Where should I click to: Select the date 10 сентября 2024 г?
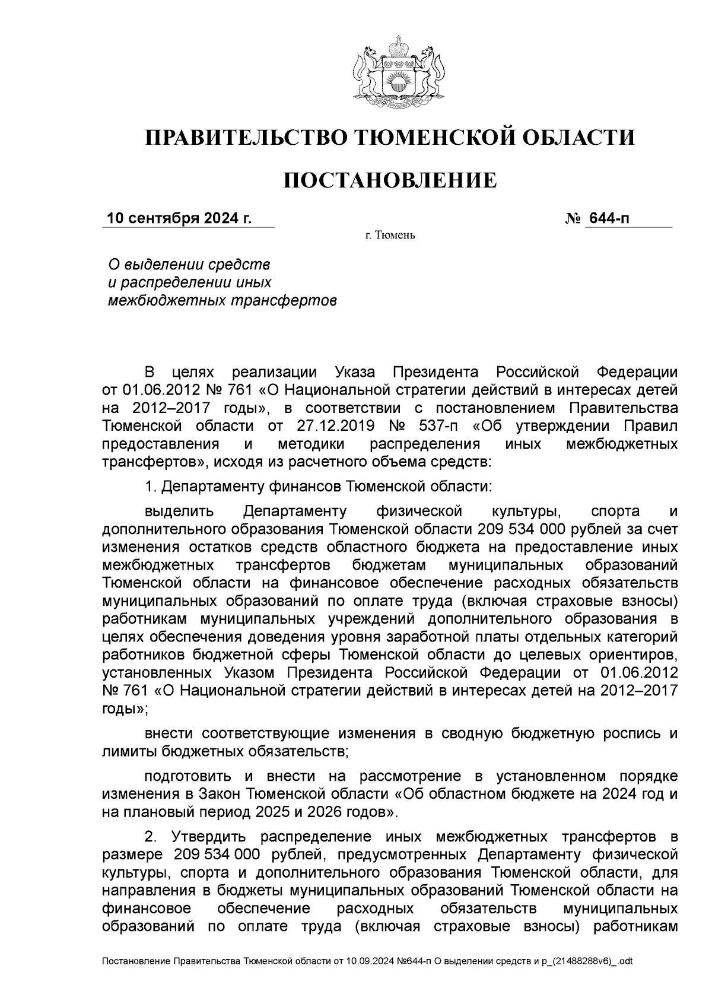179,218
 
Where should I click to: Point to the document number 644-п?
608,218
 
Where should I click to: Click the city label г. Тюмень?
390,236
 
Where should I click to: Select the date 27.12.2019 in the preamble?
332,426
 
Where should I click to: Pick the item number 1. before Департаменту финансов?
150,487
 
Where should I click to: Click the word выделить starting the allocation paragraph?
172,511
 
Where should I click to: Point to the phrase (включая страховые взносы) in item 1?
568,601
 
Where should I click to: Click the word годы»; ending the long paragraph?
125,708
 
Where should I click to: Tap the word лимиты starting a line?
128,751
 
